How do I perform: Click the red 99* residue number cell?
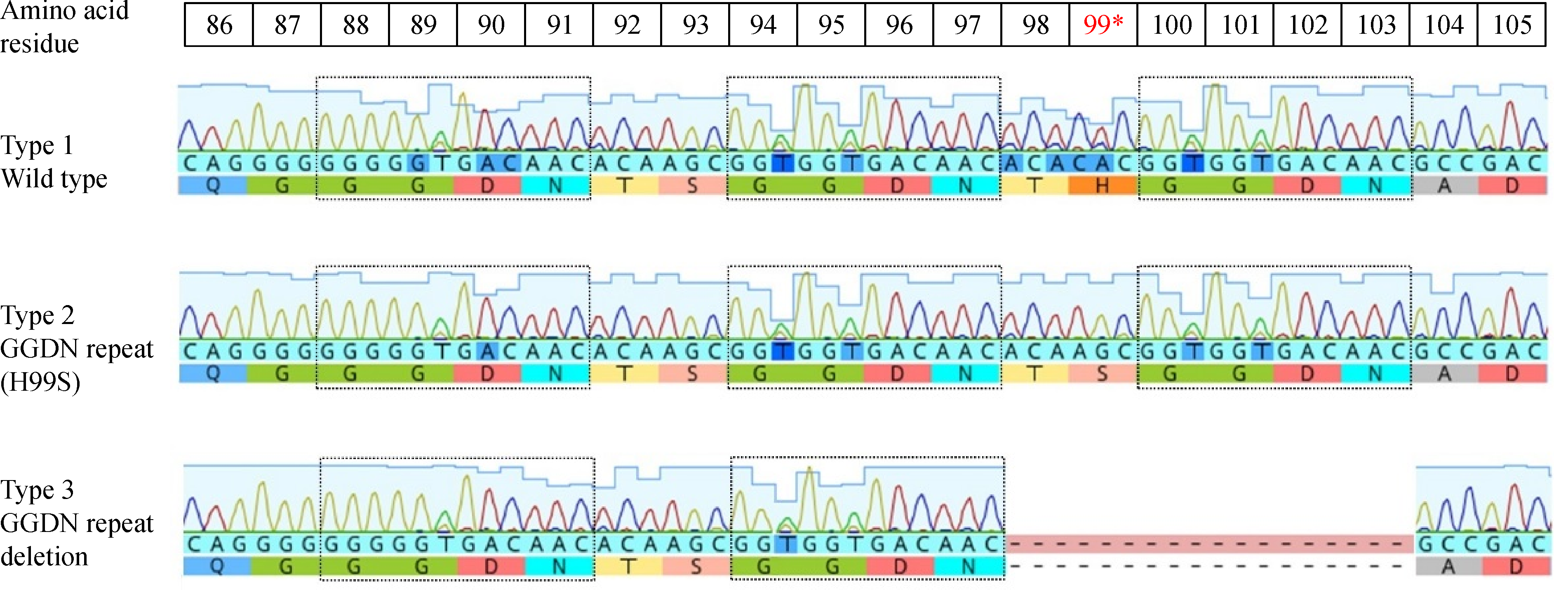coord(1103,25)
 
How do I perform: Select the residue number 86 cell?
coord(219,25)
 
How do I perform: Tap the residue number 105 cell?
coord(1512,25)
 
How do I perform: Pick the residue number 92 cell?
coord(627,25)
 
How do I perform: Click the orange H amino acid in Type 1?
coord(1102,186)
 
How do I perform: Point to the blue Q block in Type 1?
coord(212,186)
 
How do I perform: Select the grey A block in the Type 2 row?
coord(1444,374)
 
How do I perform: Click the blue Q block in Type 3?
coord(216,567)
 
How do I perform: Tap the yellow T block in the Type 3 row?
coord(629,567)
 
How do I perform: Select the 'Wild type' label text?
coord(54,179)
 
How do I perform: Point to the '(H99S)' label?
coord(40,382)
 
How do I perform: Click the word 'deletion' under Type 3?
coord(45,556)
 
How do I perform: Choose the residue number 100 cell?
coord(1171,25)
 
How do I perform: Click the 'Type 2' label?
coord(38,315)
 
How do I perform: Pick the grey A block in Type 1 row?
coord(1444,186)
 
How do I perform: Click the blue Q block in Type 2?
coord(212,374)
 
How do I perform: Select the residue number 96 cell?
coord(899,25)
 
